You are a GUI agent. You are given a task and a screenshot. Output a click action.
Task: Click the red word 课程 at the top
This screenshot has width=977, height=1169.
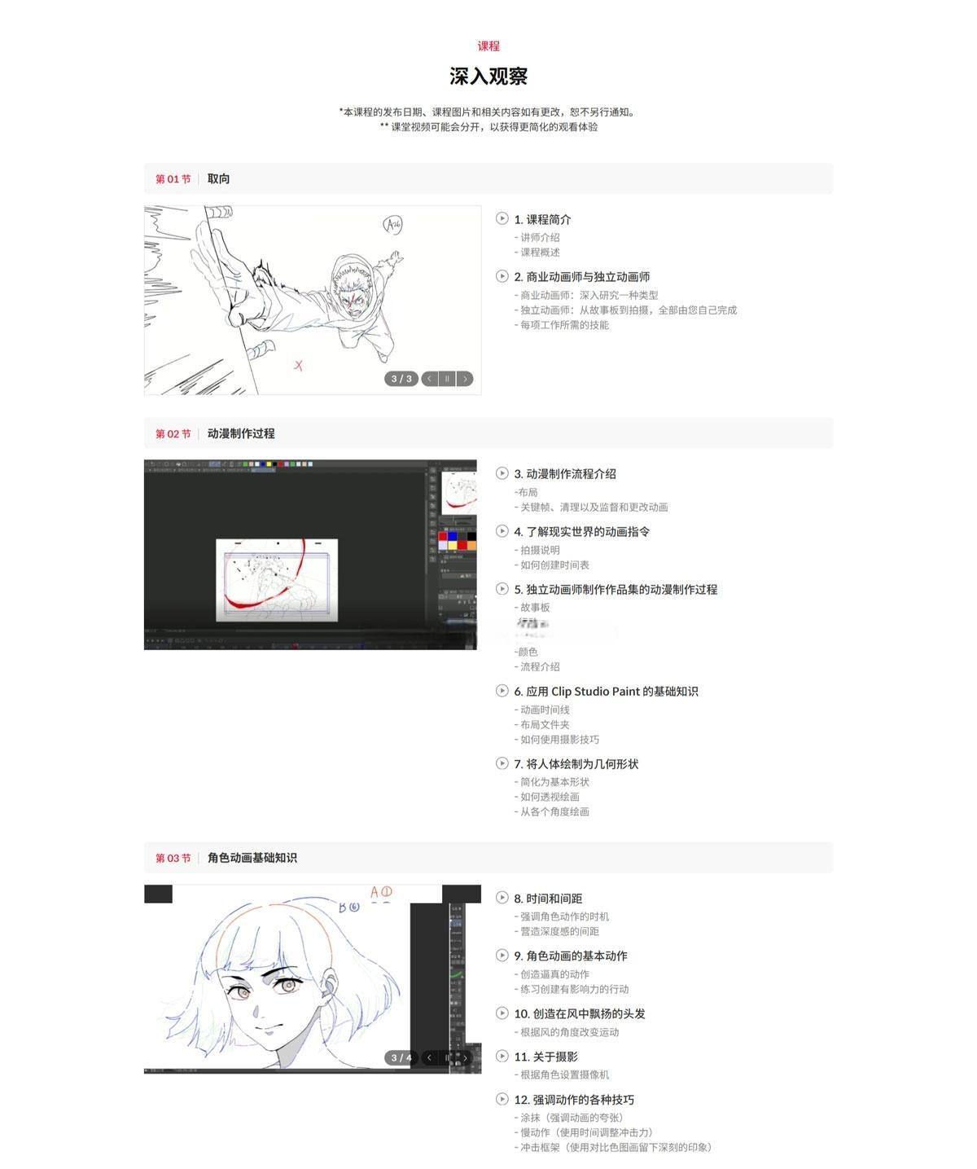pyautogui.click(x=488, y=46)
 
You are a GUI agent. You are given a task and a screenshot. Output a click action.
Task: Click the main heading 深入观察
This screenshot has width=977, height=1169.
pyautogui.click(x=488, y=77)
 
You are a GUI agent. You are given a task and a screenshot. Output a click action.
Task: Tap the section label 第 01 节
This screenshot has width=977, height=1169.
pyautogui.click(x=173, y=179)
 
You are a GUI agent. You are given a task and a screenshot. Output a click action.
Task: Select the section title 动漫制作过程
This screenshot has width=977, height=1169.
pyautogui.click(x=241, y=433)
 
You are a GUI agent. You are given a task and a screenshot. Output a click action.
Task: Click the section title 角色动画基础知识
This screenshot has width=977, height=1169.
pyautogui.click(x=252, y=858)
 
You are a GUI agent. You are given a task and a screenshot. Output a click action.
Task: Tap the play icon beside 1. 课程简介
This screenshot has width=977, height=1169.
pyautogui.click(x=502, y=218)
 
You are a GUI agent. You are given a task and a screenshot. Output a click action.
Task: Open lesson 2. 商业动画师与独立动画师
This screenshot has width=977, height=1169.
pyautogui.click(x=581, y=277)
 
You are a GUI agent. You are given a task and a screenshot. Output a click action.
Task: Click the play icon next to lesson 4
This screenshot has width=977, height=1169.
pyautogui.click(x=502, y=531)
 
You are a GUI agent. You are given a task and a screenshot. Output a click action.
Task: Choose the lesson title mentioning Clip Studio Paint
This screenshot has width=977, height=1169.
pyautogui.click(x=606, y=692)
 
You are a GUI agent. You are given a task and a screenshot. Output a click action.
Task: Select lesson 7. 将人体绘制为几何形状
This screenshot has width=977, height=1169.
pyautogui.click(x=576, y=764)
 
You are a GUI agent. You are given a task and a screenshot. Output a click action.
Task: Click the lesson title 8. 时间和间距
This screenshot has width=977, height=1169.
pyautogui.click(x=547, y=899)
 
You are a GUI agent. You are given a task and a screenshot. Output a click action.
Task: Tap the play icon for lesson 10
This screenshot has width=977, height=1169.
pyautogui.click(x=502, y=1013)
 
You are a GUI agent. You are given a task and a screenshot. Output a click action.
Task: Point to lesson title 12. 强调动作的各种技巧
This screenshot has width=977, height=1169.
pyautogui.click(x=573, y=1100)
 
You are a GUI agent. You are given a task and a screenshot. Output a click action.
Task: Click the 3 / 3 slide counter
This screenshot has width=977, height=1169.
pyautogui.click(x=401, y=379)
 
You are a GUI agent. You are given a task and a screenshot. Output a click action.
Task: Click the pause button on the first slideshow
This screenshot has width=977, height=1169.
pyautogui.click(x=447, y=379)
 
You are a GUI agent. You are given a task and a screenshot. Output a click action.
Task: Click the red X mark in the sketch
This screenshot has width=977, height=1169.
pyautogui.click(x=299, y=366)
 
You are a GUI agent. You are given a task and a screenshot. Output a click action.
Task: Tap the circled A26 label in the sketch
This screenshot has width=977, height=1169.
pyautogui.click(x=393, y=224)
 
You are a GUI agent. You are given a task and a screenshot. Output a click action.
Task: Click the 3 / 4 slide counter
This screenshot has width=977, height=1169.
pyautogui.click(x=401, y=1058)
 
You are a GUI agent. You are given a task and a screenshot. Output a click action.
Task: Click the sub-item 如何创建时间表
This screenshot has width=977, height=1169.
pyautogui.click(x=554, y=565)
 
